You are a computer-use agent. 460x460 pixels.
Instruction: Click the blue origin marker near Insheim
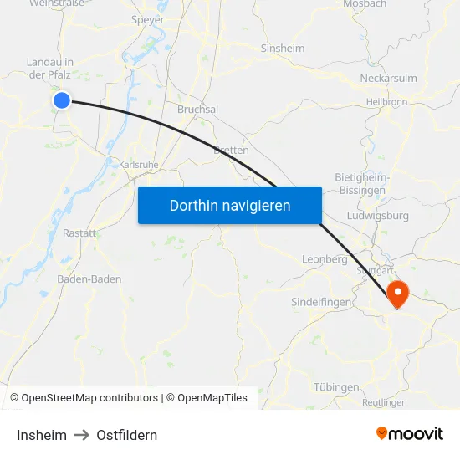click(x=62, y=100)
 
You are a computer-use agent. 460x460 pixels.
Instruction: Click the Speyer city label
click(x=148, y=19)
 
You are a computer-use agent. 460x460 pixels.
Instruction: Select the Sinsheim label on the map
click(x=283, y=49)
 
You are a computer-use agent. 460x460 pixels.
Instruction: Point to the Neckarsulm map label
click(x=388, y=79)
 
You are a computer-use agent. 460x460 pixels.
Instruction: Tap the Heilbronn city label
click(x=386, y=102)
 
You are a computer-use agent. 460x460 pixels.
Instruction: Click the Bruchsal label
click(x=197, y=110)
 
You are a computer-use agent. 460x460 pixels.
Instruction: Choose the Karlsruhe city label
click(x=138, y=165)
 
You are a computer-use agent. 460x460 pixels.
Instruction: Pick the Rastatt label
click(x=79, y=233)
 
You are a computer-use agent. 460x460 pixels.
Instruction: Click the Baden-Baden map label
click(x=89, y=279)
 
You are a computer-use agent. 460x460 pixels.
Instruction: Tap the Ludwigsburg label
click(x=382, y=216)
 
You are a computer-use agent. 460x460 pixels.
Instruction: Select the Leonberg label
click(x=325, y=260)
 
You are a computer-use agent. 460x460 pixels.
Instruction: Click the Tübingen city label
click(x=336, y=387)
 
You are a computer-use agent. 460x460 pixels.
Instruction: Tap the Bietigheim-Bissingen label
click(x=360, y=184)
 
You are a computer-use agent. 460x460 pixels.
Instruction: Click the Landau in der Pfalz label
click(x=50, y=68)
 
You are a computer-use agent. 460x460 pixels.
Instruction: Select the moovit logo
click(x=410, y=433)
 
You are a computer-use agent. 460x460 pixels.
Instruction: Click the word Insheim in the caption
click(x=42, y=435)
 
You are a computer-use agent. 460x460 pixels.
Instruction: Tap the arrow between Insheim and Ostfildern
click(x=81, y=435)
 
